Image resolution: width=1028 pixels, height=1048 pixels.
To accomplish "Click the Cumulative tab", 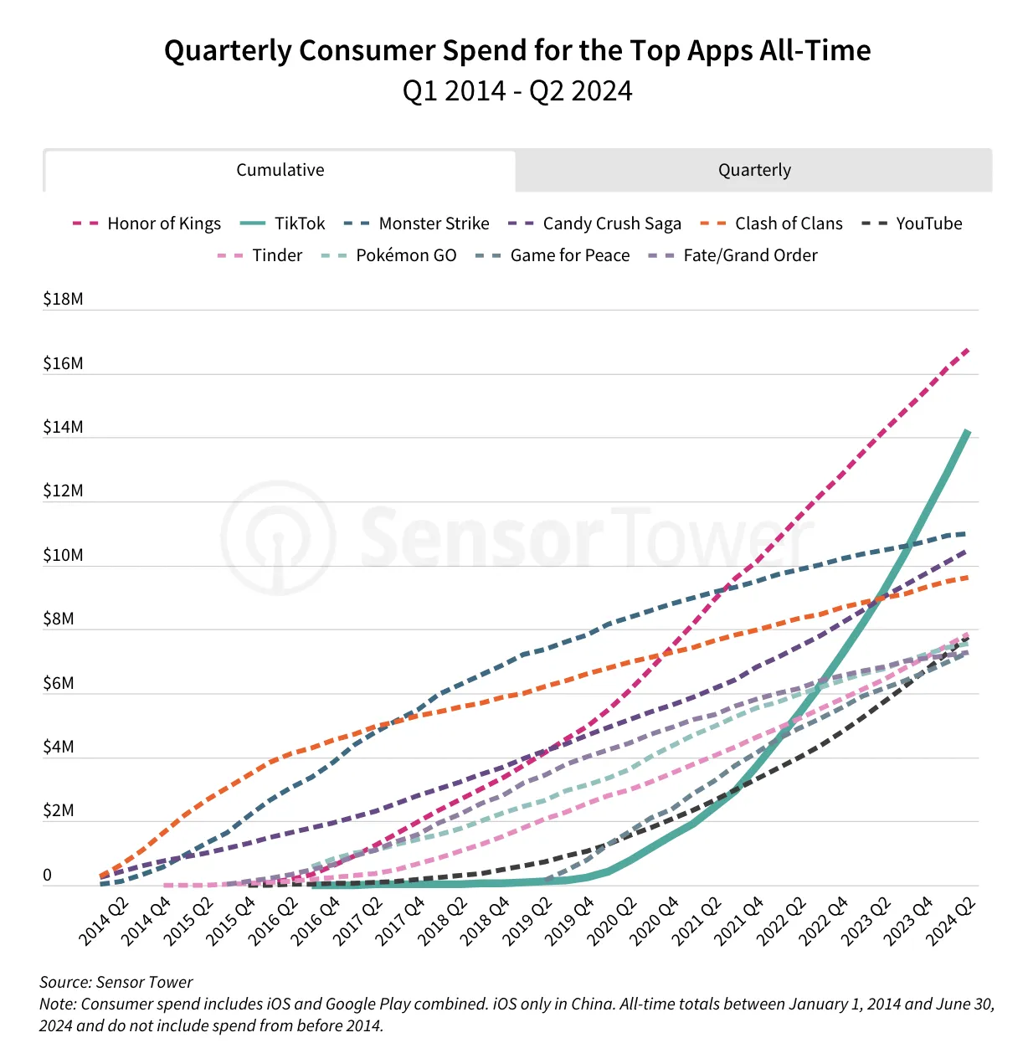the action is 280,170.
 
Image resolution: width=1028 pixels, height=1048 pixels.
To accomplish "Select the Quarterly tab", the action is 754,170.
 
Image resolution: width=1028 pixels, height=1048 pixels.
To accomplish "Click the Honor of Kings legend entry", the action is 146,223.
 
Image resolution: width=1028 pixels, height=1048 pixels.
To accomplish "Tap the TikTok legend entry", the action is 282,223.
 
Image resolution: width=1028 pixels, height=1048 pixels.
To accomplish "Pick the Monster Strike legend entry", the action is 417,223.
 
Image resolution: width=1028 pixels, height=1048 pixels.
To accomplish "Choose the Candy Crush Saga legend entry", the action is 594,223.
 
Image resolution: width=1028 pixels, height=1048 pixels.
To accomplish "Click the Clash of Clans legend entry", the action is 771,223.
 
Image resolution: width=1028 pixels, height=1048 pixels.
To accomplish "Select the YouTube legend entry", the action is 912,223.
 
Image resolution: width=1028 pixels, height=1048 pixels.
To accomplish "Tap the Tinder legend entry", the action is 260,255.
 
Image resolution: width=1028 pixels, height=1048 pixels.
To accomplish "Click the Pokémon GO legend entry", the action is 388,255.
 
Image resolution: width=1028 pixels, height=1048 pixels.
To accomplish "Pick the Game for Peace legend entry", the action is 552,255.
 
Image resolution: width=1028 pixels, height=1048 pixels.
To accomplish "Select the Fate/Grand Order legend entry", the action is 732,255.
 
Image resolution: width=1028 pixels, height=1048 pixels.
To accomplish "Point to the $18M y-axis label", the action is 63,299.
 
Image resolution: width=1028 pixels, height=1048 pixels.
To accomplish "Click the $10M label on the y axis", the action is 63,555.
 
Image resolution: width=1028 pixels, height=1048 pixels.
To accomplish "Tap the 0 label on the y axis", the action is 48,875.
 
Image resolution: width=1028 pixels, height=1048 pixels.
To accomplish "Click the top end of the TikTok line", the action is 969,431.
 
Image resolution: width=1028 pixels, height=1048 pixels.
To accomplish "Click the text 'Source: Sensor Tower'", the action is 116,982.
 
